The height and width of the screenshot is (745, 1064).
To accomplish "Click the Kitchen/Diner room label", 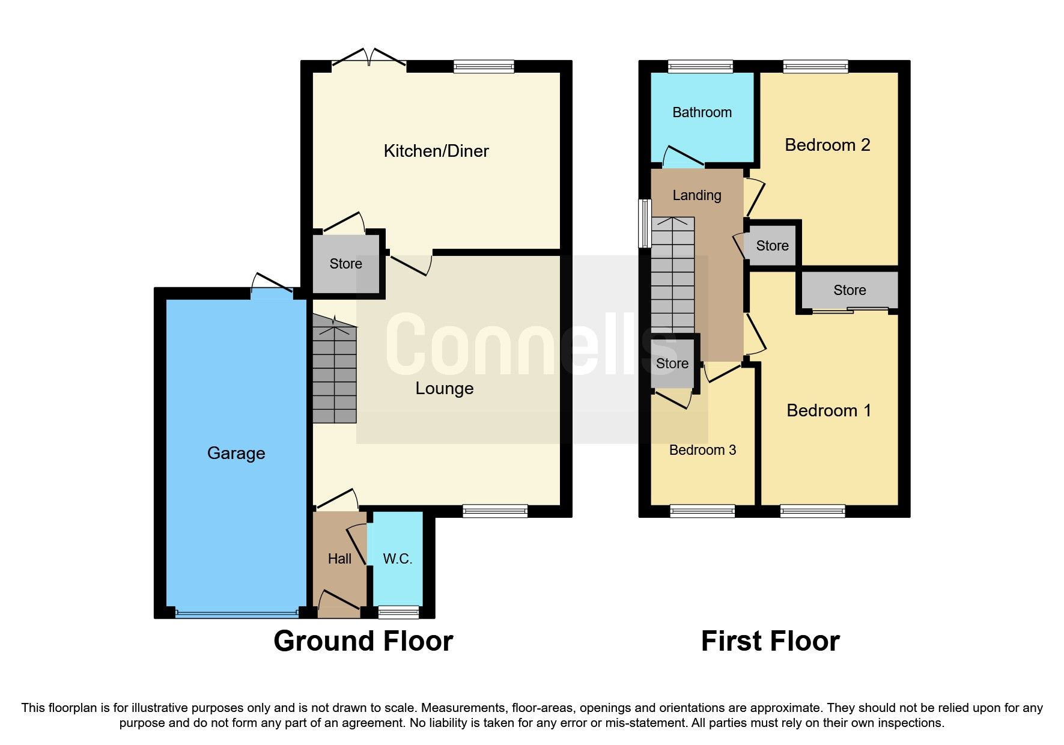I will (436, 151).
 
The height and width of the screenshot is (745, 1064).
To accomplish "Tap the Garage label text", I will (236, 453).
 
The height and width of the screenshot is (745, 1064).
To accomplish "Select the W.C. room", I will (397, 559).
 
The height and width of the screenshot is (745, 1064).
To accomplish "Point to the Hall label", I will (339, 559).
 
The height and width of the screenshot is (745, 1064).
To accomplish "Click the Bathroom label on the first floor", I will (702, 112).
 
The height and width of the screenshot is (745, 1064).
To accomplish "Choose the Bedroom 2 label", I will (827, 145).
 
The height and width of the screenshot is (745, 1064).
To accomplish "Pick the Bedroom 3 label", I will (702, 450).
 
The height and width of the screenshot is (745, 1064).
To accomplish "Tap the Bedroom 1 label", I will (828, 410).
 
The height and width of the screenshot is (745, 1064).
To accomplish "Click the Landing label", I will (697, 195).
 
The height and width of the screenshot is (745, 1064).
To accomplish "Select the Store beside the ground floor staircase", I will (346, 264).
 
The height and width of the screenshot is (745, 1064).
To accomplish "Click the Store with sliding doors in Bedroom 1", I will (850, 290).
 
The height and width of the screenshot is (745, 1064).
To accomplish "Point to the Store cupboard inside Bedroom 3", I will (672, 363).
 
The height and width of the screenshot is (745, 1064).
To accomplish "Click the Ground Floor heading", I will (363, 641).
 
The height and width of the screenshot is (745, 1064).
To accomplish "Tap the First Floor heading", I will (770, 641).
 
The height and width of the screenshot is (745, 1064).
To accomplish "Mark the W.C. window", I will (398, 612).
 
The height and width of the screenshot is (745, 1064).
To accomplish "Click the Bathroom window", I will (701, 67).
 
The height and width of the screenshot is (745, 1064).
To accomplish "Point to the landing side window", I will (645, 223).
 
